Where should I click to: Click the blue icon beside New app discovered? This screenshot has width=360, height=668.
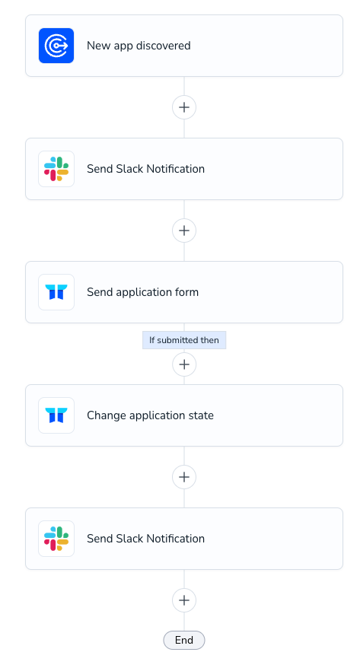pyautogui.click(x=56, y=46)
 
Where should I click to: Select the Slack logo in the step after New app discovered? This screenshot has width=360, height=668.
pyautogui.click(x=56, y=169)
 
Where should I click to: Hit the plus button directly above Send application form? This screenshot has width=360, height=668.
pyautogui.click(x=184, y=231)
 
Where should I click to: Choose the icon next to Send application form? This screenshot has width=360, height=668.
pyautogui.click(x=56, y=292)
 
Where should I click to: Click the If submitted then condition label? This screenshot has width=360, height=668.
pyautogui.click(x=184, y=340)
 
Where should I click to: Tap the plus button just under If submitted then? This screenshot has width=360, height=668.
pyautogui.click(x=184, y=364)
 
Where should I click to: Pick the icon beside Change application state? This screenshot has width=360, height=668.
pyautogui.click(x=56, y=415)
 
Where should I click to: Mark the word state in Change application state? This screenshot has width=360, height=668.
pyautogui.click(x=202, y=415)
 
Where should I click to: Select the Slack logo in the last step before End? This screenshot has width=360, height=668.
pyautogui.click(x=56, y=539)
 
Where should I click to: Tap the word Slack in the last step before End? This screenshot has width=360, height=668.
pyautogui.click(x=130, y=539)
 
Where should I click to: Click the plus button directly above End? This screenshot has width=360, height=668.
pyautogui.click(x=184, y=600)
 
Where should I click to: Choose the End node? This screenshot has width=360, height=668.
pyautogui.click(x=184, y=641)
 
